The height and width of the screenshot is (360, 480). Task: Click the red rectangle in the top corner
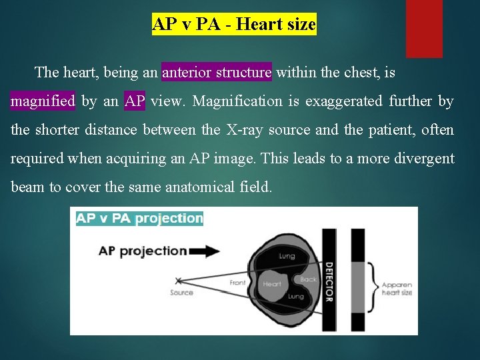[x=424, y=28]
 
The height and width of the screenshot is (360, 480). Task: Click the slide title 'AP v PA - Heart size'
[x=234, y=25]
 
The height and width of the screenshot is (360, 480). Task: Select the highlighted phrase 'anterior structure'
[x=217, y=72]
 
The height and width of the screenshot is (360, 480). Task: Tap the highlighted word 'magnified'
[x=43, y=101]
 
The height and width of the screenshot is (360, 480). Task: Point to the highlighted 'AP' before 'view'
[x=134, y=101]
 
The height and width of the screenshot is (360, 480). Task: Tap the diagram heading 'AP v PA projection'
[x=139, y=218]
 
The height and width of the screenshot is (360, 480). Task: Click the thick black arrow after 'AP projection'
[x=204, y=251]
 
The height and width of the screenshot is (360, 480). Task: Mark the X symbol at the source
[x=178, y=281]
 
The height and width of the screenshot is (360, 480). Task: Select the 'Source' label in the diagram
[x=181, y=293]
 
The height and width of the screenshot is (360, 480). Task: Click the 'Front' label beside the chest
[x=237, y=283]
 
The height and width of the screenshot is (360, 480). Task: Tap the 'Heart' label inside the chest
[x=271, y=284]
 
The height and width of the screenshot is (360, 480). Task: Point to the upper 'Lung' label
[x=287, y=255]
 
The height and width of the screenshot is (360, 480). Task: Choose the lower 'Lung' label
[x=295, y=296]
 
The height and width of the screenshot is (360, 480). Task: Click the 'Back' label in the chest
[x=308, y=279]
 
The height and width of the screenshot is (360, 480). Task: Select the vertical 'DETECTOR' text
[x=329, y=281]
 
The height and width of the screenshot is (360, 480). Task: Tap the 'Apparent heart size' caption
[x=397, y=289]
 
